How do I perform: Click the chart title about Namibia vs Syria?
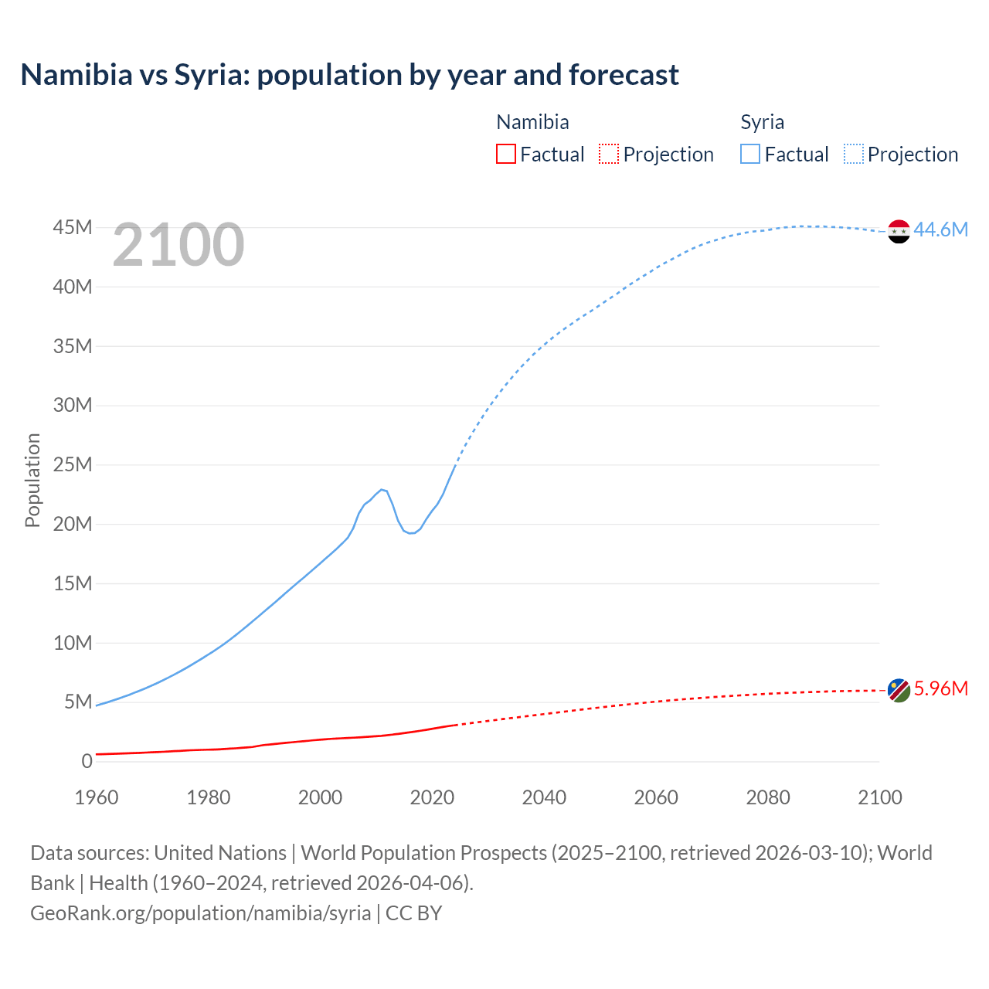349,75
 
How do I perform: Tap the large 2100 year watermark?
178,245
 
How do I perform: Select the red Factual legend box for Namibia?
505,154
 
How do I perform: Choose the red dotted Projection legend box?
609,154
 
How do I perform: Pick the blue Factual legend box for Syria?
749,154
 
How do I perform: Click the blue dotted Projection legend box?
853,154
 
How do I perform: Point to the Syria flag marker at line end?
899,231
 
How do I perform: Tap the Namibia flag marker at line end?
899,690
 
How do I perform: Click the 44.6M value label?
940,229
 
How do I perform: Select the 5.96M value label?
940,688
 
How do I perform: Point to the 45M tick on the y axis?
73,227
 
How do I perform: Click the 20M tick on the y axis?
73,524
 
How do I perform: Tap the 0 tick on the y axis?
87,761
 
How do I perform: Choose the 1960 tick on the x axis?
97,797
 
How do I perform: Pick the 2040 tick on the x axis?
544,797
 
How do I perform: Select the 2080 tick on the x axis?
768,797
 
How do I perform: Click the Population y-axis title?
32,480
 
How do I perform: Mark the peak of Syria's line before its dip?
382,489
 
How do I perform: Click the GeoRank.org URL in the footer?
201,913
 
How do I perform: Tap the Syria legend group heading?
762,122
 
